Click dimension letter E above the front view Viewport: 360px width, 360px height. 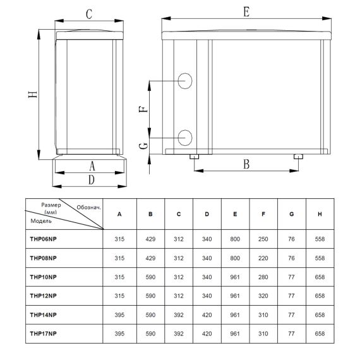[x=246, y=12]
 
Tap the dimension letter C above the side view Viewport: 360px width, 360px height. [x=89, y=15]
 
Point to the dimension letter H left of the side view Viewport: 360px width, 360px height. [x=33, y=94]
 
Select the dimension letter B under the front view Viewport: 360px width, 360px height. [x=246, y=164]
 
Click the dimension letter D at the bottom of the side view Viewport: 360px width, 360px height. [x=92, y=180]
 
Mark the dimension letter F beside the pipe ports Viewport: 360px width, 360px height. [x=143, y=109]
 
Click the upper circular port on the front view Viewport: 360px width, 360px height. [x=185, y=81]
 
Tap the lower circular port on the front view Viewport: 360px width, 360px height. [x=185, y=138]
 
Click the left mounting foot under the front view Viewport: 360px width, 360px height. [x=195, y=157]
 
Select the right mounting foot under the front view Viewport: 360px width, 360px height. [x=299, y=157]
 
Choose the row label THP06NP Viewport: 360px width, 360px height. [x=43, y=239]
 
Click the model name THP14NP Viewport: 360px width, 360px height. [x=43, y=315]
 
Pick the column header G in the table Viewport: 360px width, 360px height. [x=292, y=214]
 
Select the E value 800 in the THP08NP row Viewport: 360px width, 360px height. [x=235, y=258]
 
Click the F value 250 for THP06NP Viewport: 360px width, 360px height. [x=263, y=239]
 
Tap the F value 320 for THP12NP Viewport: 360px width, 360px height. [x=263, y=296]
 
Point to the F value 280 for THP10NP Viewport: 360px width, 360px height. [x=263, y=277]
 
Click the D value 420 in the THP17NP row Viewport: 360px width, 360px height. [x=207, y=333]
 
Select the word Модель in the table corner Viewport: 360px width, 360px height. [x=41, y=221]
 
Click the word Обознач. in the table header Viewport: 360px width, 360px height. [x=89, y=208]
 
